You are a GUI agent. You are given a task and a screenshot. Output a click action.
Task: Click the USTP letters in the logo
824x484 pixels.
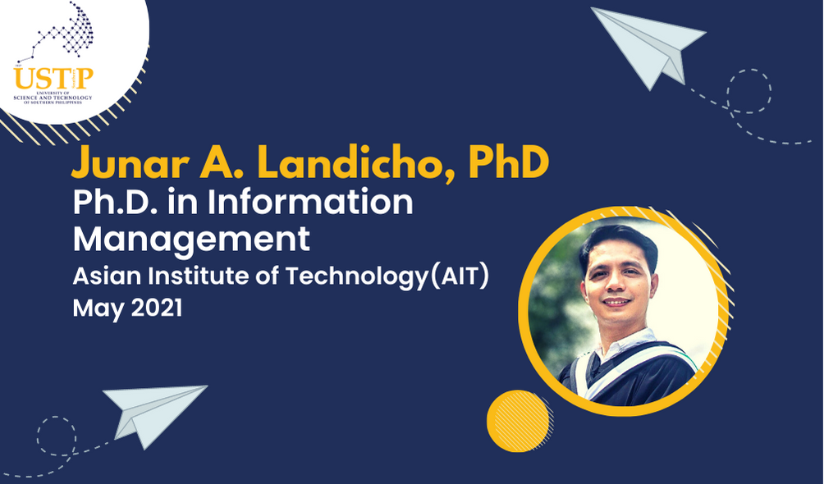tap(53, 79)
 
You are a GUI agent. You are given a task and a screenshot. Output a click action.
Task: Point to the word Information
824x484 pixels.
tap(310, 203)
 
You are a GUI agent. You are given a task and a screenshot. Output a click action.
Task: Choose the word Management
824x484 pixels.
tap(191, 240)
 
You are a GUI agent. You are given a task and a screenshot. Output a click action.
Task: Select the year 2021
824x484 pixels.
tap(156, 308)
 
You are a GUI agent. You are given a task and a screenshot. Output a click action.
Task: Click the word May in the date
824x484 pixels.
tap(98, 309)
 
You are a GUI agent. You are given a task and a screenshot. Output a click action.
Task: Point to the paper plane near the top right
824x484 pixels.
tap(648, 47)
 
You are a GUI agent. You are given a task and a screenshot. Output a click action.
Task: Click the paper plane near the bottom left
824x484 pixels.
tap(154, 415)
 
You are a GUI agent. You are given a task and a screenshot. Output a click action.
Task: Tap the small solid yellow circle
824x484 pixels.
tap(518, 421)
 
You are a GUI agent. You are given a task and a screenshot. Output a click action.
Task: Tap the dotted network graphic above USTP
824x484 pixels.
tap(57, 31)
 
